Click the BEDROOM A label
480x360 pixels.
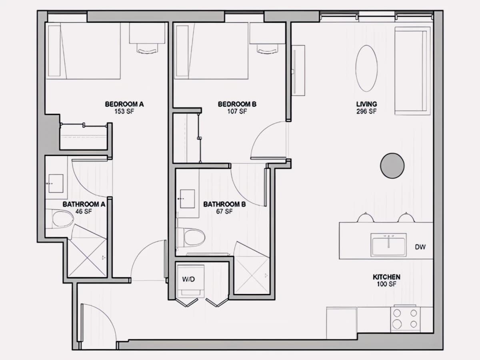pyautogui.click(x=124, y=104)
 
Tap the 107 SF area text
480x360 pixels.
pyautogui.click(x=237, y=112)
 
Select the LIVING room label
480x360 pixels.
pyautogui.click(x=367, y=104)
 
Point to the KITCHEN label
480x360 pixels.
pyautogui.click(x=387, y=277)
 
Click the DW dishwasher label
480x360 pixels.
pyautogui.click(x=420, y=247)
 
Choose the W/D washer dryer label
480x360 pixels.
pyautogui.click(x=188, y=279)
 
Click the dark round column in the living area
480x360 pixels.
pyautogui.click(x=392, y=166)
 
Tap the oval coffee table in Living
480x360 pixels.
pyautogui.click(x=366, y=68)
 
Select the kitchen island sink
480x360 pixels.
pyautogui.click(x=388, y=245)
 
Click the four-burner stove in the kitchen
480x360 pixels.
pyautogui.click(x=406, y=319)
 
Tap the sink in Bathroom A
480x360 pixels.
pyautogui.click(x=56, y=183)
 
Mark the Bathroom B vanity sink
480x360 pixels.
pyautogui.click(x=188, y=199)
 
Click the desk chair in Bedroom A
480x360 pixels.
pyautogui.click(x=148, y=48)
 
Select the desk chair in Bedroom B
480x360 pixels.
pyautogui.click(x=268, y=48)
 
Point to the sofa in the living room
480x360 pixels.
pyautogui.click(x=412, y=71)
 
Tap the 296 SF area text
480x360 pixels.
pyautogui.click(x=367, y=112)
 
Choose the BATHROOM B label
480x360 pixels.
pyautogui.click(x=224, y=204)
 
